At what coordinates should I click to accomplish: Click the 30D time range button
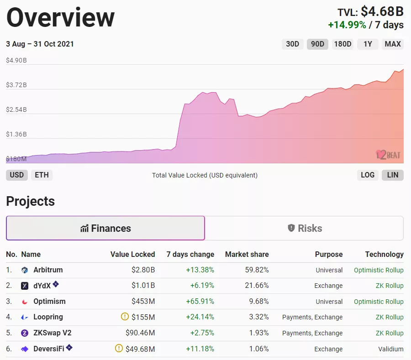[292, 44]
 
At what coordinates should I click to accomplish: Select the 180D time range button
[342, 44]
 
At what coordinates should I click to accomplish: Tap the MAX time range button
[393, 44]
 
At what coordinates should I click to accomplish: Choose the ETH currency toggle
[42, 175]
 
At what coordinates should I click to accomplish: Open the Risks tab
[305, 228]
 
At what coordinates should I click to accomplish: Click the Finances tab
[105, 228]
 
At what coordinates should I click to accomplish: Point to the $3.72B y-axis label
[16, 85]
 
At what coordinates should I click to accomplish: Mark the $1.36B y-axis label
[16, 135]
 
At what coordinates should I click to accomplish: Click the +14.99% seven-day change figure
[347, 25]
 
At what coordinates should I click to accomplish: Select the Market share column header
[247, 255]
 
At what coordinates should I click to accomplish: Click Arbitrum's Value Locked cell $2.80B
[143, 270]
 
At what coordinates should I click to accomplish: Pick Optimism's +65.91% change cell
[200, 302]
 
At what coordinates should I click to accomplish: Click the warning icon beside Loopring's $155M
[125, 317]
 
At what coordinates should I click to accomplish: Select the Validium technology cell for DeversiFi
[390, 349]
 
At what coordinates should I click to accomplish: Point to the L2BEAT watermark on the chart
[388, 155]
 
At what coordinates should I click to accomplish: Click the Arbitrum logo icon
[25, 270]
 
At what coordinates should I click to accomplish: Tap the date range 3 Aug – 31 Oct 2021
[40, 44]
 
